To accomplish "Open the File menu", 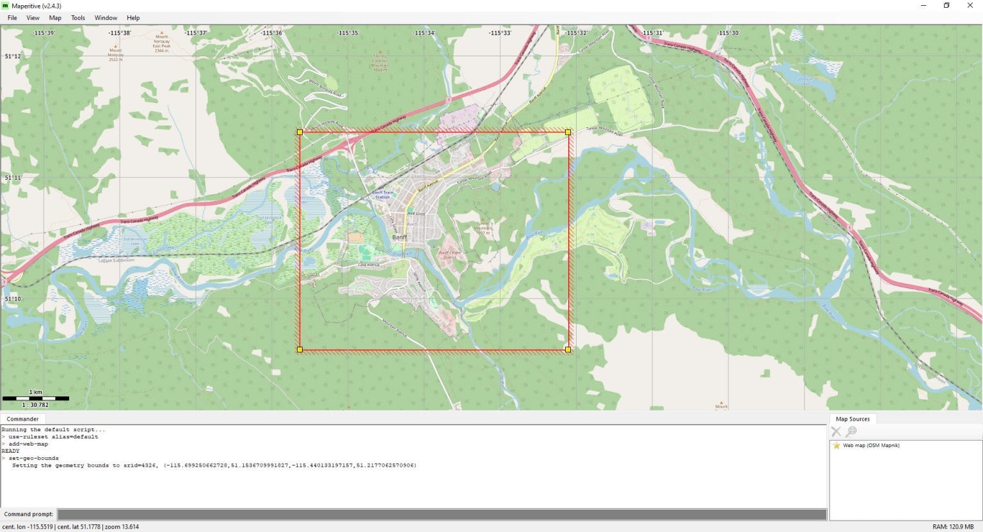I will pos(12,18).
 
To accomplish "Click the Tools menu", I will pos(77,18).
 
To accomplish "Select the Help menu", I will pos(133,18).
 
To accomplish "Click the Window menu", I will pos(106,18).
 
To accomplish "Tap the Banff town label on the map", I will pos(399,237).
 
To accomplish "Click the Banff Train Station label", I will pos(382,194).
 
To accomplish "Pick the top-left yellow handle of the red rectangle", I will pos(300,132).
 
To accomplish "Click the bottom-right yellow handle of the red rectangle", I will pos(568,349).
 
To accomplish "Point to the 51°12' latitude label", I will pos(13,56).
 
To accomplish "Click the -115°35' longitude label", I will pos(348,33).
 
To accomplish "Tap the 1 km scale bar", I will pos(35,398).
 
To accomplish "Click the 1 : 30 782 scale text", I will pos(35,405).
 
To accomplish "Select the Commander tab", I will pos(22,419).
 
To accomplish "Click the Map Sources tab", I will pos(852,419).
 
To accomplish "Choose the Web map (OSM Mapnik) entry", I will pos(870,445).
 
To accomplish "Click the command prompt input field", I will pos(442,514).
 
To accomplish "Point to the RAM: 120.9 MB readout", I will pos(953,527).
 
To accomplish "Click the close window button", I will pos(970,6).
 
